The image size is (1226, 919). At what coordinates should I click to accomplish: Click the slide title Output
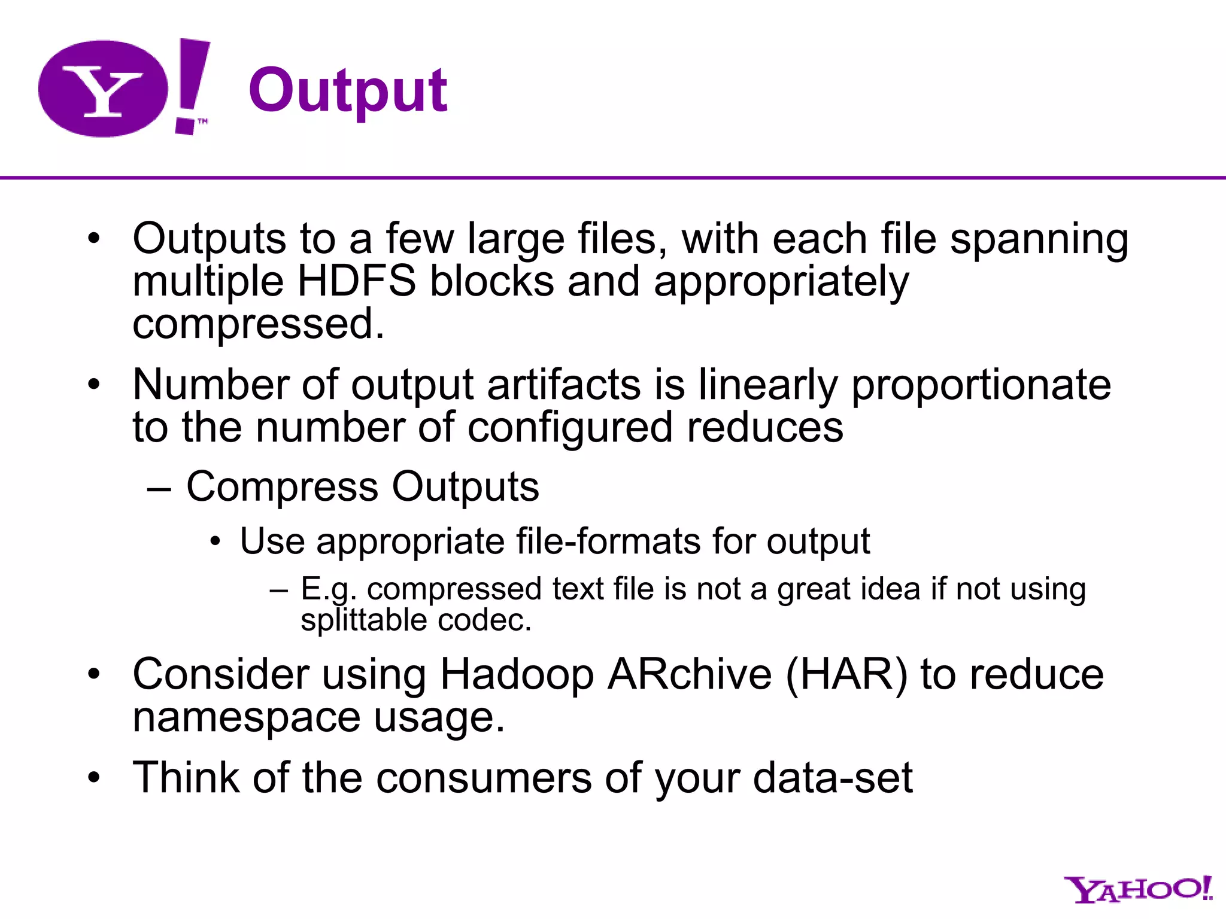pyautogui.click(x=348, y=91)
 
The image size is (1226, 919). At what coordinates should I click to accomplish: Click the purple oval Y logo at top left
pyautogui.click(x=103, y=89)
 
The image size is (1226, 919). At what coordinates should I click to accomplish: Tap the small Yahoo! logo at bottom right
pyautogui.click(x=1137, y=890)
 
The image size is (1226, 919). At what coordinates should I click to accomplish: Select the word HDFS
pyautogui.click(x=356, y=281)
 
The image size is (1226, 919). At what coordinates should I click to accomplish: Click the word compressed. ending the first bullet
pyautogui.click(x=258, y=324)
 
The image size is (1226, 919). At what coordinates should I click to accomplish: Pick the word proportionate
pyautogui.click(x=981, y=385)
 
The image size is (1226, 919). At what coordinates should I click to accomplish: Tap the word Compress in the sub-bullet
pyautogui.click(x=282, y=486)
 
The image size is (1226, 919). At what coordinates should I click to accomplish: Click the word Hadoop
pyautogui.click(x=517, y=675)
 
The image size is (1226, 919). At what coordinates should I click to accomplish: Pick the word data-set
pyautogui.click(x=833, y=777)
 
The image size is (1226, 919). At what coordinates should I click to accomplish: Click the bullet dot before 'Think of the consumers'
pyautogui.click(x=94, y=778)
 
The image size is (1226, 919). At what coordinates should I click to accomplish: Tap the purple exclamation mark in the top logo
pyautogui.click(x=191, y=84)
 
